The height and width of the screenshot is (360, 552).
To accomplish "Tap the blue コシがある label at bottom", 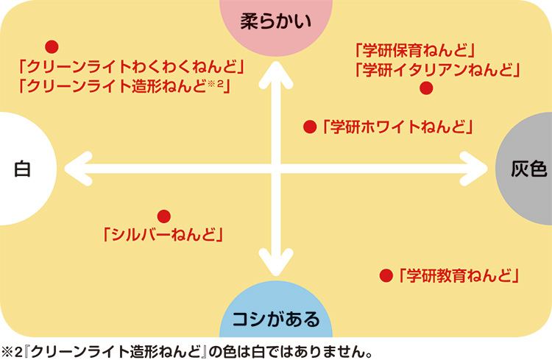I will click(276, 320).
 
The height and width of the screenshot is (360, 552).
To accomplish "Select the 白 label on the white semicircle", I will click(22, 169).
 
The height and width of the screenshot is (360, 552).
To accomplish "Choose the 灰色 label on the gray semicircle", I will click(528, 169).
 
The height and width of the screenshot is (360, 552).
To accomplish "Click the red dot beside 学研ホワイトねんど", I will click(310, 127).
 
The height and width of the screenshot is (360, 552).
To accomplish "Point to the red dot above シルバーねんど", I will click(164, 216).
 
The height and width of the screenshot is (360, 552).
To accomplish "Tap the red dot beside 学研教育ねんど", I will click(385, 276).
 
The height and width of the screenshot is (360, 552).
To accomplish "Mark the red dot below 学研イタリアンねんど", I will click(425, 88).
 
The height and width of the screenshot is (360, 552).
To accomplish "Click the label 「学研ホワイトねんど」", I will click(397, 127).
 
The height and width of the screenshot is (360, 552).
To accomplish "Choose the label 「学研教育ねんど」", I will click(459, 276).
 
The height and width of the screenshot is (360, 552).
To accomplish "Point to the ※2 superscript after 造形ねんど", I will click(217, 84).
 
